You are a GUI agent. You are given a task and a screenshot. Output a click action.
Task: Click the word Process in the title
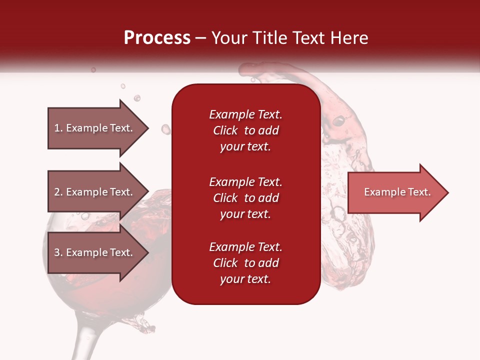point(157,38)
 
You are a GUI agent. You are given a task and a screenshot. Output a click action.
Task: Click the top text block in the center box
point(245,130)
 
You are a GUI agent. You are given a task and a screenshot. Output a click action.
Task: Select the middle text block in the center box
point(245,198)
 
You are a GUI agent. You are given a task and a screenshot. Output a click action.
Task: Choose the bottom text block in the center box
point(245,263)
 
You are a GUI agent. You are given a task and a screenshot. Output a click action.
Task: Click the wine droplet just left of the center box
point(165,129)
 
